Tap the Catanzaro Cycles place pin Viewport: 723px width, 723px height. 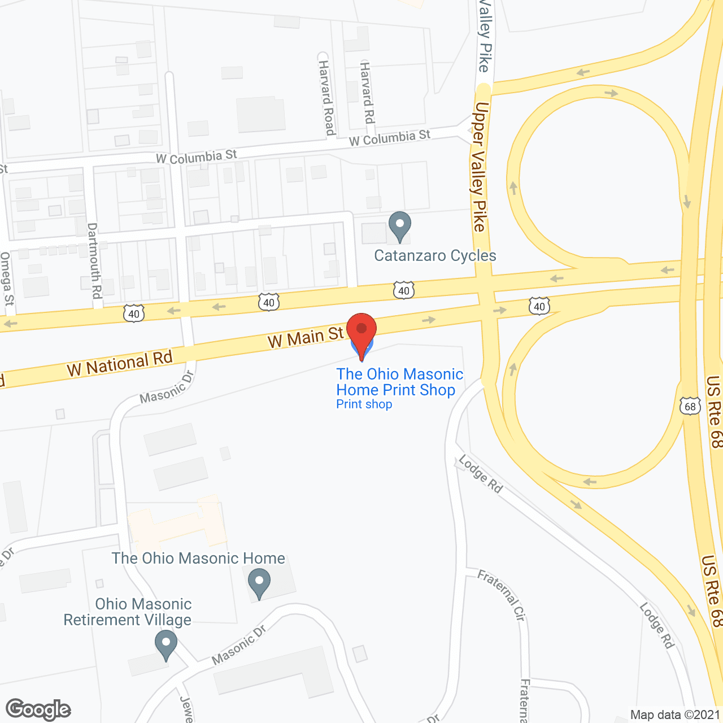[x=400, y=225]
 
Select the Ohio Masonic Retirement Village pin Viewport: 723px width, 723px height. [x=166, y=644]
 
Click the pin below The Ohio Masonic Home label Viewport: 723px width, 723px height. [x=259, y=583]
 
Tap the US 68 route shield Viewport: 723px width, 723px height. [x=690, y=406]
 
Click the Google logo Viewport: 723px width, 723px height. [x=38, y=709]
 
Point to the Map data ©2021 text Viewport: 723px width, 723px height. [x=676, y=715]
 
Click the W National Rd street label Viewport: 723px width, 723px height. [x=119, y=364]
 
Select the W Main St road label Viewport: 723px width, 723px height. [x=306, y=338]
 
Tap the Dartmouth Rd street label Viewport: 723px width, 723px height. [x=94, y=260]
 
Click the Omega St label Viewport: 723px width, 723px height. [x=7, y=279]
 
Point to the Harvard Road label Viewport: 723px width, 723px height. [x=326, y=98]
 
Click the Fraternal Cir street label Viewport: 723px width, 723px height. [x=502, y=595]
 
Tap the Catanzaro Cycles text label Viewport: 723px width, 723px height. [x=435, y=256]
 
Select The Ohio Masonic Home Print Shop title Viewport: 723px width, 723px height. [x=399, y=382]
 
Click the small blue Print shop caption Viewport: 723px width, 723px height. [x=364, y=404]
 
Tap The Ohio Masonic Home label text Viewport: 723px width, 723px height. [x=198, y=558]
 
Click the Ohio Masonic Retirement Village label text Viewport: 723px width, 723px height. [x=128, y=612]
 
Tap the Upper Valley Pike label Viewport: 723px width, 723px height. [x=479, y=167]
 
